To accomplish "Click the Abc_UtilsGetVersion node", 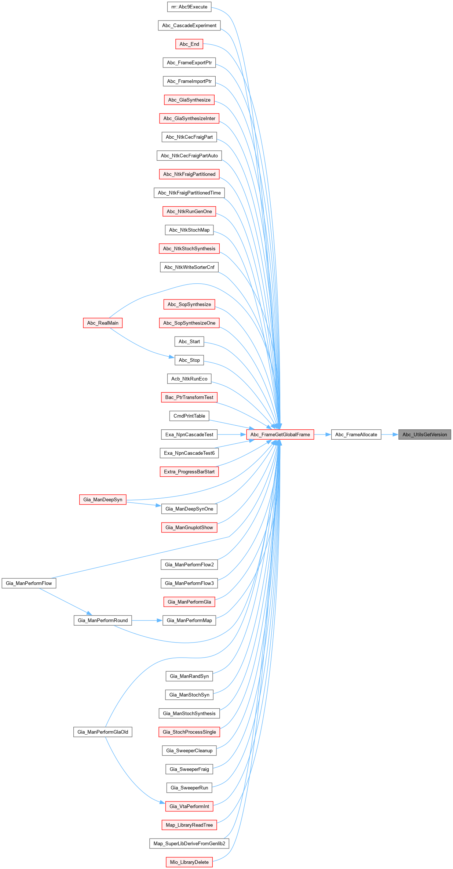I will coord(424,434).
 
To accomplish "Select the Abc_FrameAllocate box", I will coord(356,434).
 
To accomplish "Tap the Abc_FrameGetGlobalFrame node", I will coord(280,434).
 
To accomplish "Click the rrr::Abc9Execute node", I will coord(189,7).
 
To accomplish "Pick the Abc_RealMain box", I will coord(103,323).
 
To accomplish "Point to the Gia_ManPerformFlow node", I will coord(29,583).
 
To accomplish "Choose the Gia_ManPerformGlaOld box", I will coord(103,732).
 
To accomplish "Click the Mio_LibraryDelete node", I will coord(189,862).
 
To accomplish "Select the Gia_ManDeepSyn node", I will coord(103,499).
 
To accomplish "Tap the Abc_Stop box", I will coord(189,360).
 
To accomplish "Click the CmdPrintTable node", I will coord(189,416).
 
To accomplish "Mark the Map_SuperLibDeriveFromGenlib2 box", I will coord(189,843).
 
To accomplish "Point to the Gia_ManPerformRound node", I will coord(103,620).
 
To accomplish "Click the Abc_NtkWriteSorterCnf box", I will coord(189,267).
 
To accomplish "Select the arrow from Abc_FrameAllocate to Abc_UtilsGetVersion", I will coord(390,434).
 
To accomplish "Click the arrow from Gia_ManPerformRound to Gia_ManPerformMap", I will coord(147,620).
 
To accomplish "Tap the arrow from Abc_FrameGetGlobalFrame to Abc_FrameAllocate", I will coord(322,434).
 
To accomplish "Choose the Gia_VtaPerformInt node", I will coord(189,806).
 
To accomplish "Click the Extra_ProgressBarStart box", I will coord(189,472).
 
